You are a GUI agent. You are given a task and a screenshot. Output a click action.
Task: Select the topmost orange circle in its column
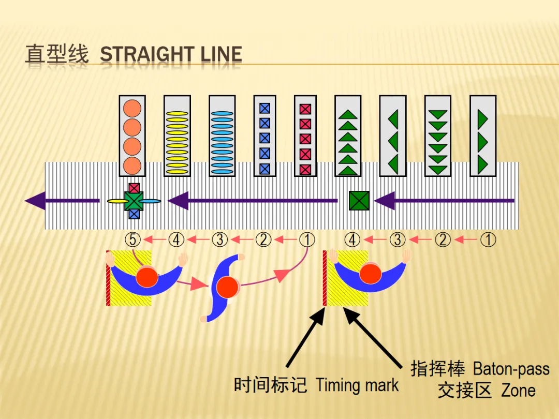pyautogui.click(x=133, y=108)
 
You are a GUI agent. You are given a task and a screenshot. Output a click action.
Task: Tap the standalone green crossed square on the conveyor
pyautogui.click(x=359, y=201)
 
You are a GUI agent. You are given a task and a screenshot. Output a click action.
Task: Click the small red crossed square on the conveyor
pyautogui.click(x=134, y=188)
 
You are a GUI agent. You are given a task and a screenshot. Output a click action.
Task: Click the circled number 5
pyautogui.click(x=133, y=240)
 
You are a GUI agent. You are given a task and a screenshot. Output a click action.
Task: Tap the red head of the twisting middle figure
pyautogui.click(x=227, y=287)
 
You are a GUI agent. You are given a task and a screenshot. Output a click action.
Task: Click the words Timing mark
pyautogui.click(x=357, y=385)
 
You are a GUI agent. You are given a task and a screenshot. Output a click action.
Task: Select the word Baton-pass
pyautogui.click(x=511, y=369)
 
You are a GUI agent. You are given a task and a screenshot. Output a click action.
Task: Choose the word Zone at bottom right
pyautogui.click(x=518, y=391)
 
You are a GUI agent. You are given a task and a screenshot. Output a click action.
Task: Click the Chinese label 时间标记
pyautogui.click(x=270, y=385)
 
